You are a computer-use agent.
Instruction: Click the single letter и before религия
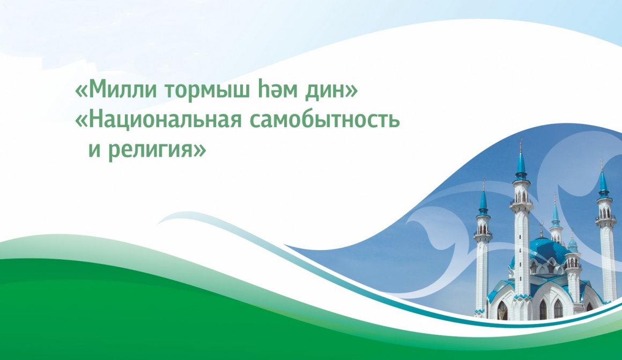94,150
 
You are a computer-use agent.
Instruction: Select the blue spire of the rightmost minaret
603,182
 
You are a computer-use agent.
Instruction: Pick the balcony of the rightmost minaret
605,217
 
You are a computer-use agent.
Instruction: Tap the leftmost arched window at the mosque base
502,310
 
